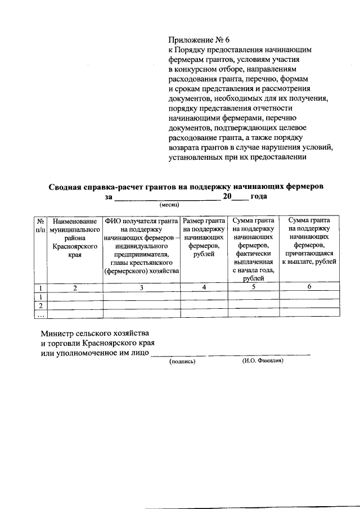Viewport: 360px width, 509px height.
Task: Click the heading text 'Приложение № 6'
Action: (200, 40)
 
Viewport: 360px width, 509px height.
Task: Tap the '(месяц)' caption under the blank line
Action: (169, 204)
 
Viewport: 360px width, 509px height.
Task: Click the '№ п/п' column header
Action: (40, 226)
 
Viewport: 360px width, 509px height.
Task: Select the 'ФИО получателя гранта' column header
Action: (142, 246)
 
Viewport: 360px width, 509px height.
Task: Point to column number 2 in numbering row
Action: (74, 287)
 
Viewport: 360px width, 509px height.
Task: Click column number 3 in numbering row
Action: (142, 287)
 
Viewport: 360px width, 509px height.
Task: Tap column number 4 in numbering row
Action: (204, 287)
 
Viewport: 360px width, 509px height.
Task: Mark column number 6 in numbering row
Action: (309, 287)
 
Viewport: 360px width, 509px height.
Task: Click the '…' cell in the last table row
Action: (40, 315)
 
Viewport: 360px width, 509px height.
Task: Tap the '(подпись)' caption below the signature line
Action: (182, 362)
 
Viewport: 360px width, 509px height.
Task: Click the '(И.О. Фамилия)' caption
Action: (263, 361)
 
